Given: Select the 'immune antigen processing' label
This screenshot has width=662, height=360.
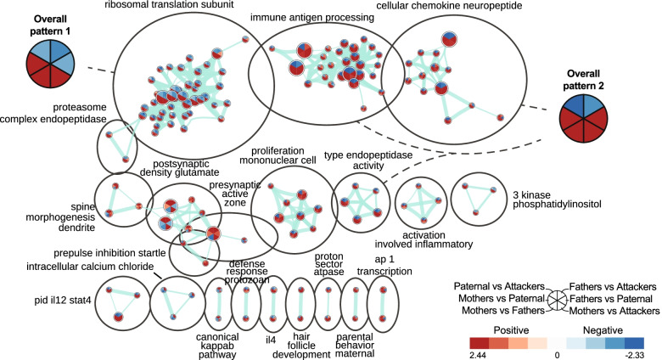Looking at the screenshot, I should point(321,17).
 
